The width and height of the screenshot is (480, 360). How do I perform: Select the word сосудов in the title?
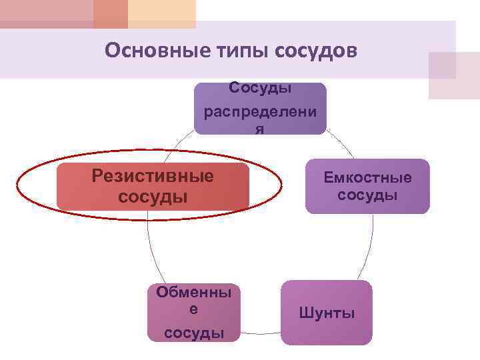(312, 50)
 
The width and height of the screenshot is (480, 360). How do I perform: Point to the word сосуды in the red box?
(153, 197)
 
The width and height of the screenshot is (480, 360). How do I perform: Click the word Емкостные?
(367, 178)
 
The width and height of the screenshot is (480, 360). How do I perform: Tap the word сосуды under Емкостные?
(367, 195)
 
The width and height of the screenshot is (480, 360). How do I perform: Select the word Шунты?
(327, 313)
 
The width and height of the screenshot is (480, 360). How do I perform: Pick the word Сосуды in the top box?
(261, 87)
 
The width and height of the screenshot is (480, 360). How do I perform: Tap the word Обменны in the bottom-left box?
(194, 292)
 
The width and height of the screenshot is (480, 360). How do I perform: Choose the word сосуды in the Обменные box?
(194, 333)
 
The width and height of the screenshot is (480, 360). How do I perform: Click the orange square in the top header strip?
(111, 13)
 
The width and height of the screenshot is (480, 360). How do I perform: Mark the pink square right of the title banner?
(453, 75)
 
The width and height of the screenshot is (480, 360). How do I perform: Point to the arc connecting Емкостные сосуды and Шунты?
(370, 247)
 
